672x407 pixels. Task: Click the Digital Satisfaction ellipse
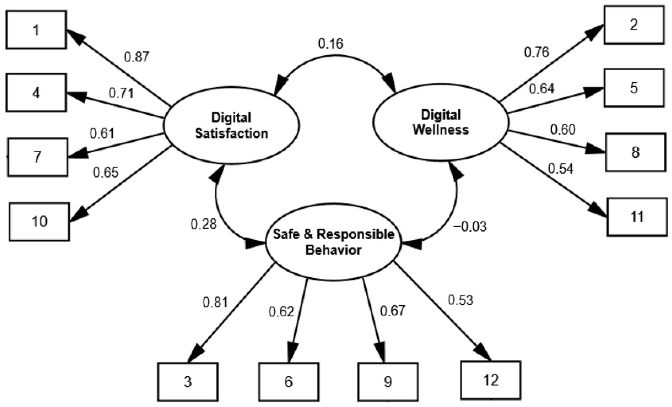pyautogui.click(x=231, y=125)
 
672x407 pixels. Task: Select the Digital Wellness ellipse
pyautogui.click(x=441, y=122)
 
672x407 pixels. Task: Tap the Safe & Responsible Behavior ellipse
pyautogui.click(x=333, y=242)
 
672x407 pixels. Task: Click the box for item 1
pyautogui.click(x=36, y=30)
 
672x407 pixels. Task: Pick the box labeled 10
pyautogui.click(x=39, y=222)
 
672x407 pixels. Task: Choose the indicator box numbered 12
pyautogui.click(x=491, y=380)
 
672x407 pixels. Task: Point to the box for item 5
pyautogui.click(x=634, y=88)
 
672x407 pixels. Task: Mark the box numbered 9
pyautogui.click(x=388, y=382)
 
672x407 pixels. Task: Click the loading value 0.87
pyautogui.click(x=136, y=57)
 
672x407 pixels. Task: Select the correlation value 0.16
pyautogui.click(x=331, y=44)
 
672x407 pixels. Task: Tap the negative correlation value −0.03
pyautogui.click(x=470, y=227)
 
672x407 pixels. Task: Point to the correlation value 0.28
pyautogui.click(x=204, y=224)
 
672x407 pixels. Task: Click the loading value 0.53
pyautogui.click(x=460, y=300)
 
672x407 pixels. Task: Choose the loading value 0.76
pyautogui.click(x=537, y=52)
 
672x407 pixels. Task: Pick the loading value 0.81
pyautogui.click(x=215, y=302)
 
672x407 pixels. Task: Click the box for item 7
pyautogui.click(x=38, y=157)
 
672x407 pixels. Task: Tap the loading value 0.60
pyautogui.click(x=562, y=130)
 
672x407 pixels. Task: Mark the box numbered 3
pyautogui.click(x=188, y=382)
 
